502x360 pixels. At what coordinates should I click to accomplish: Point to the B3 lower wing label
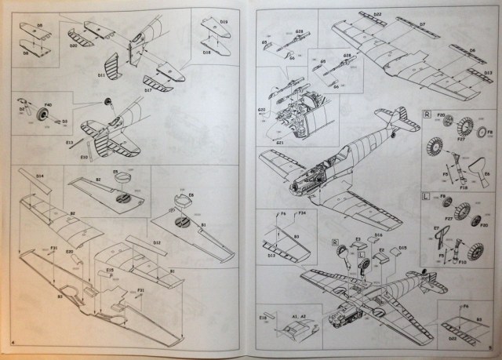pyautogui.click(x=60, y=297)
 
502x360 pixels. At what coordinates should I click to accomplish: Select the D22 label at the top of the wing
pyautogui.click(x=377, y=15)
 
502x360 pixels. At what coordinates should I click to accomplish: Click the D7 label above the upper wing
pyautogui.click(x=421, y=24)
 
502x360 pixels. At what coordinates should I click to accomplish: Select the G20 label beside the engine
pyautogui.click(x=261, y=110)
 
